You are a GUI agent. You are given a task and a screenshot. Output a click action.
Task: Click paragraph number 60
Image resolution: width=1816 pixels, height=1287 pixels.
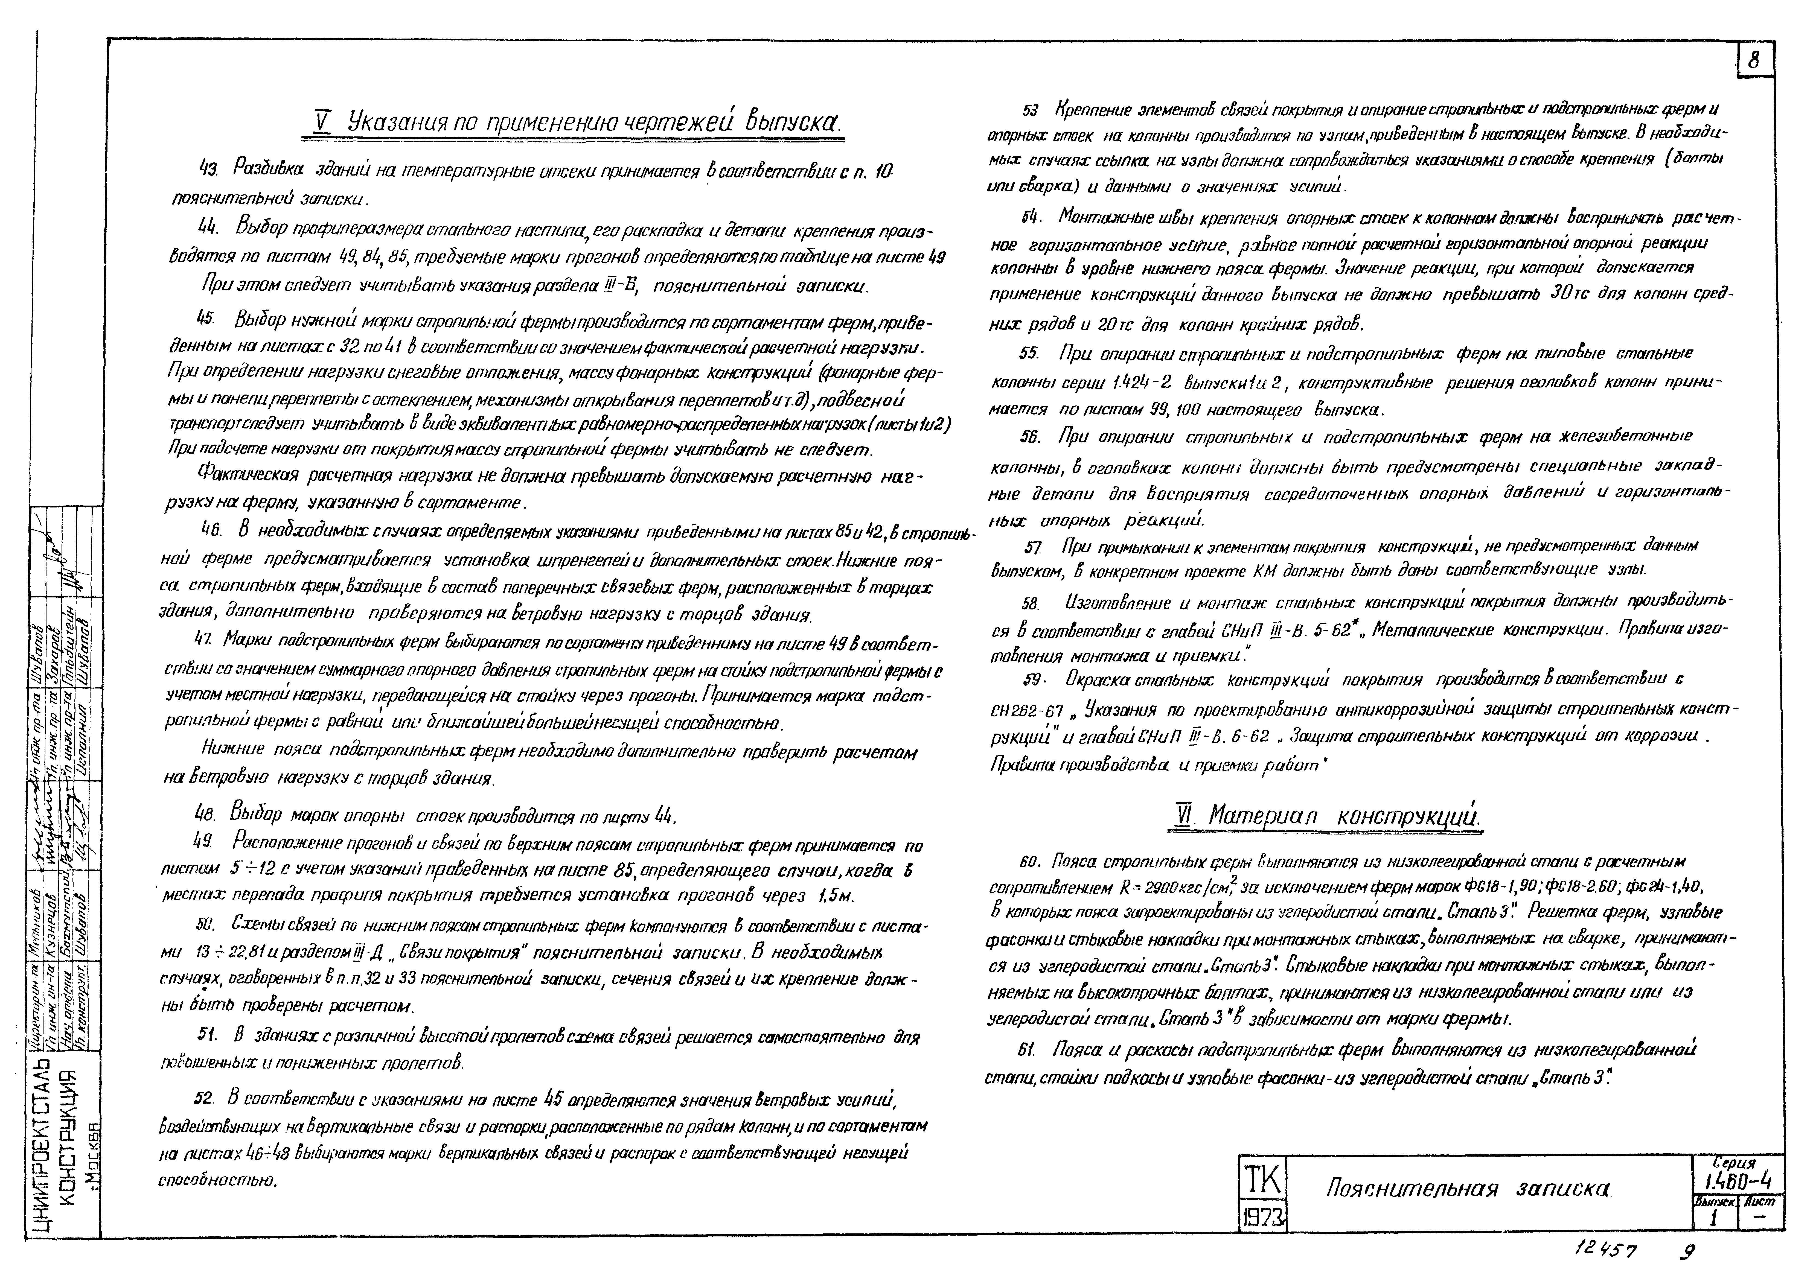[1031, 862]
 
